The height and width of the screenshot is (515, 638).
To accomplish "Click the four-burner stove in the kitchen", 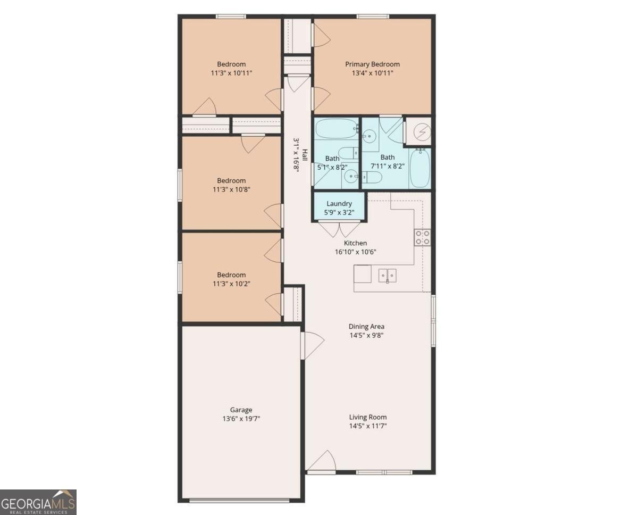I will click(x=422, y=237).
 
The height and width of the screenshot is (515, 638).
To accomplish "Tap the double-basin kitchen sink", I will click(x=387, y=275).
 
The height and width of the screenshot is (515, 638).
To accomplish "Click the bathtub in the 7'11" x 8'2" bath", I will click(x=419, y=169).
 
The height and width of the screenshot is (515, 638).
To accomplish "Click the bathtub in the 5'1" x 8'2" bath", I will click(x=337, y=128).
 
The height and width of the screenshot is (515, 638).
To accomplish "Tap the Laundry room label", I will click(x=339, y=204).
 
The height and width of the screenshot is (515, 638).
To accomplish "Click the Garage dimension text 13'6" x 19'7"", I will click(x=241, y=419).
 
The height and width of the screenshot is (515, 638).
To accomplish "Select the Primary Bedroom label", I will click(x=372, y=64).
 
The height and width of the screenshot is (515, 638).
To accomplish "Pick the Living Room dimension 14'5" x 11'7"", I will click(x=368, y=426).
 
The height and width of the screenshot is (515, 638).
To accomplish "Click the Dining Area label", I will click(x=366, y=327).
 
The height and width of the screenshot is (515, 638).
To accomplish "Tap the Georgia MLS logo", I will click(x=38, y=502).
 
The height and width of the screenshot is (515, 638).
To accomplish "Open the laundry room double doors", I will click(x=339, y=228).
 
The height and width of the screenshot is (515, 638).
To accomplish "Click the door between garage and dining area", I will click(x=312, y=345).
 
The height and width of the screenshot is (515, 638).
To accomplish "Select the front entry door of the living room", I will click(x=322, y=461).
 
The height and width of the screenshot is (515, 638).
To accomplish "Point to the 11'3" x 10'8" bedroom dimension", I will click(x=231, y=189).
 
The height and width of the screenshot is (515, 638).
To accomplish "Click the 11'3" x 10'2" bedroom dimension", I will click(x=231, y=284).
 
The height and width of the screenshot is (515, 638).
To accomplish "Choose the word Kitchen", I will click(x=355, y=243).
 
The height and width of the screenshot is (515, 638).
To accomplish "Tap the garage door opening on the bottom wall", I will click(x=239, y=500).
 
